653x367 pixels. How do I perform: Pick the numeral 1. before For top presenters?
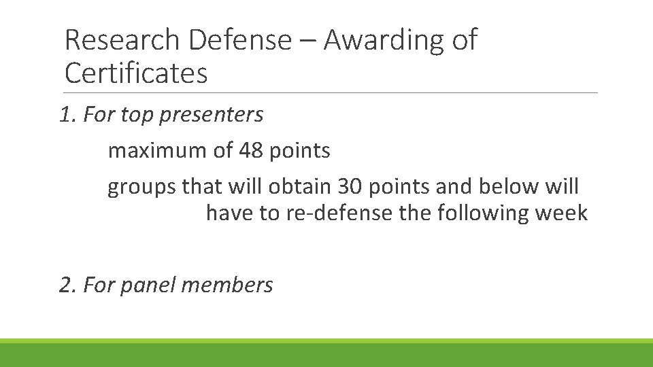coord(68,116)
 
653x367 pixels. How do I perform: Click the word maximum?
coord(157,151)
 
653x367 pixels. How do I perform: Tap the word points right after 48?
coord(300,152)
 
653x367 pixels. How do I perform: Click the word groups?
coord(141,187)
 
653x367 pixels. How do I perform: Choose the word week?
coord(561,213)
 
